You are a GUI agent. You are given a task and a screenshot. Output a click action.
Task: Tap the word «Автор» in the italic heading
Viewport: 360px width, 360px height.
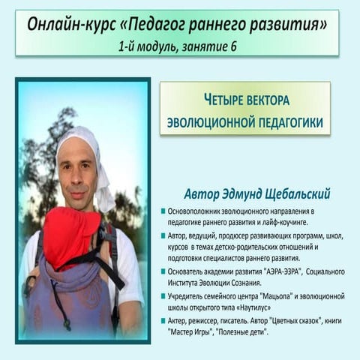tap(202, 193)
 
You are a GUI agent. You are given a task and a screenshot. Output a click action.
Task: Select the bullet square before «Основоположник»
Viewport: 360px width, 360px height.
tap(163, 213)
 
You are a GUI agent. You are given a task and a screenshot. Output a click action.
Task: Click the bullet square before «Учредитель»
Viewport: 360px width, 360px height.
tap(163, 297)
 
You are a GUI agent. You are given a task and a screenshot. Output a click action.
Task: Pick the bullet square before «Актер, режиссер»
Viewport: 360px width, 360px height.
tap(163, 321)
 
